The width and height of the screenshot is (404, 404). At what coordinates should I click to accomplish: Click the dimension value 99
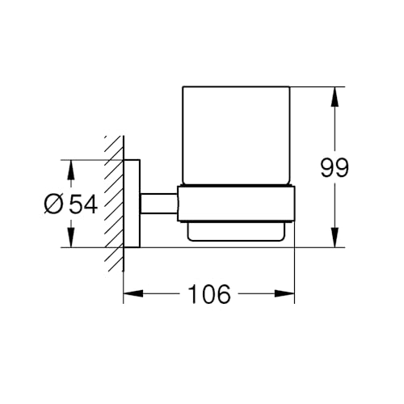click(x=335, y=167)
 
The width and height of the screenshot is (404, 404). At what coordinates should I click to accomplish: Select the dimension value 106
click(x=209, y=294)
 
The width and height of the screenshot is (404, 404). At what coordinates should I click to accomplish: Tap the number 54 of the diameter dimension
click(x=82, y=204)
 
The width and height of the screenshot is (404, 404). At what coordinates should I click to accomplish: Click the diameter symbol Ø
click(x=53, y=204)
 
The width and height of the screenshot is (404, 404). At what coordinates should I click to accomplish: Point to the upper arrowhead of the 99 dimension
click(x=335, y=97)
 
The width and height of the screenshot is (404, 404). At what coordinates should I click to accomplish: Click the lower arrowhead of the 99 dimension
click(x=335, y=238)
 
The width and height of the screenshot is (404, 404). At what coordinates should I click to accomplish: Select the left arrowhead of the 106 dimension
click(x=133, y=293)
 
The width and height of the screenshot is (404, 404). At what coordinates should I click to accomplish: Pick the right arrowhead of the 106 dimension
click(x=284, y=293)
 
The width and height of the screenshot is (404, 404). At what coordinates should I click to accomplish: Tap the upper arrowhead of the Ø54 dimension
click(x=71, y=170)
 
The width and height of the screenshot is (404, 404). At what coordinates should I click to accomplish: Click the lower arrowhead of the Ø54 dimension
click(x=71, y=238)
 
